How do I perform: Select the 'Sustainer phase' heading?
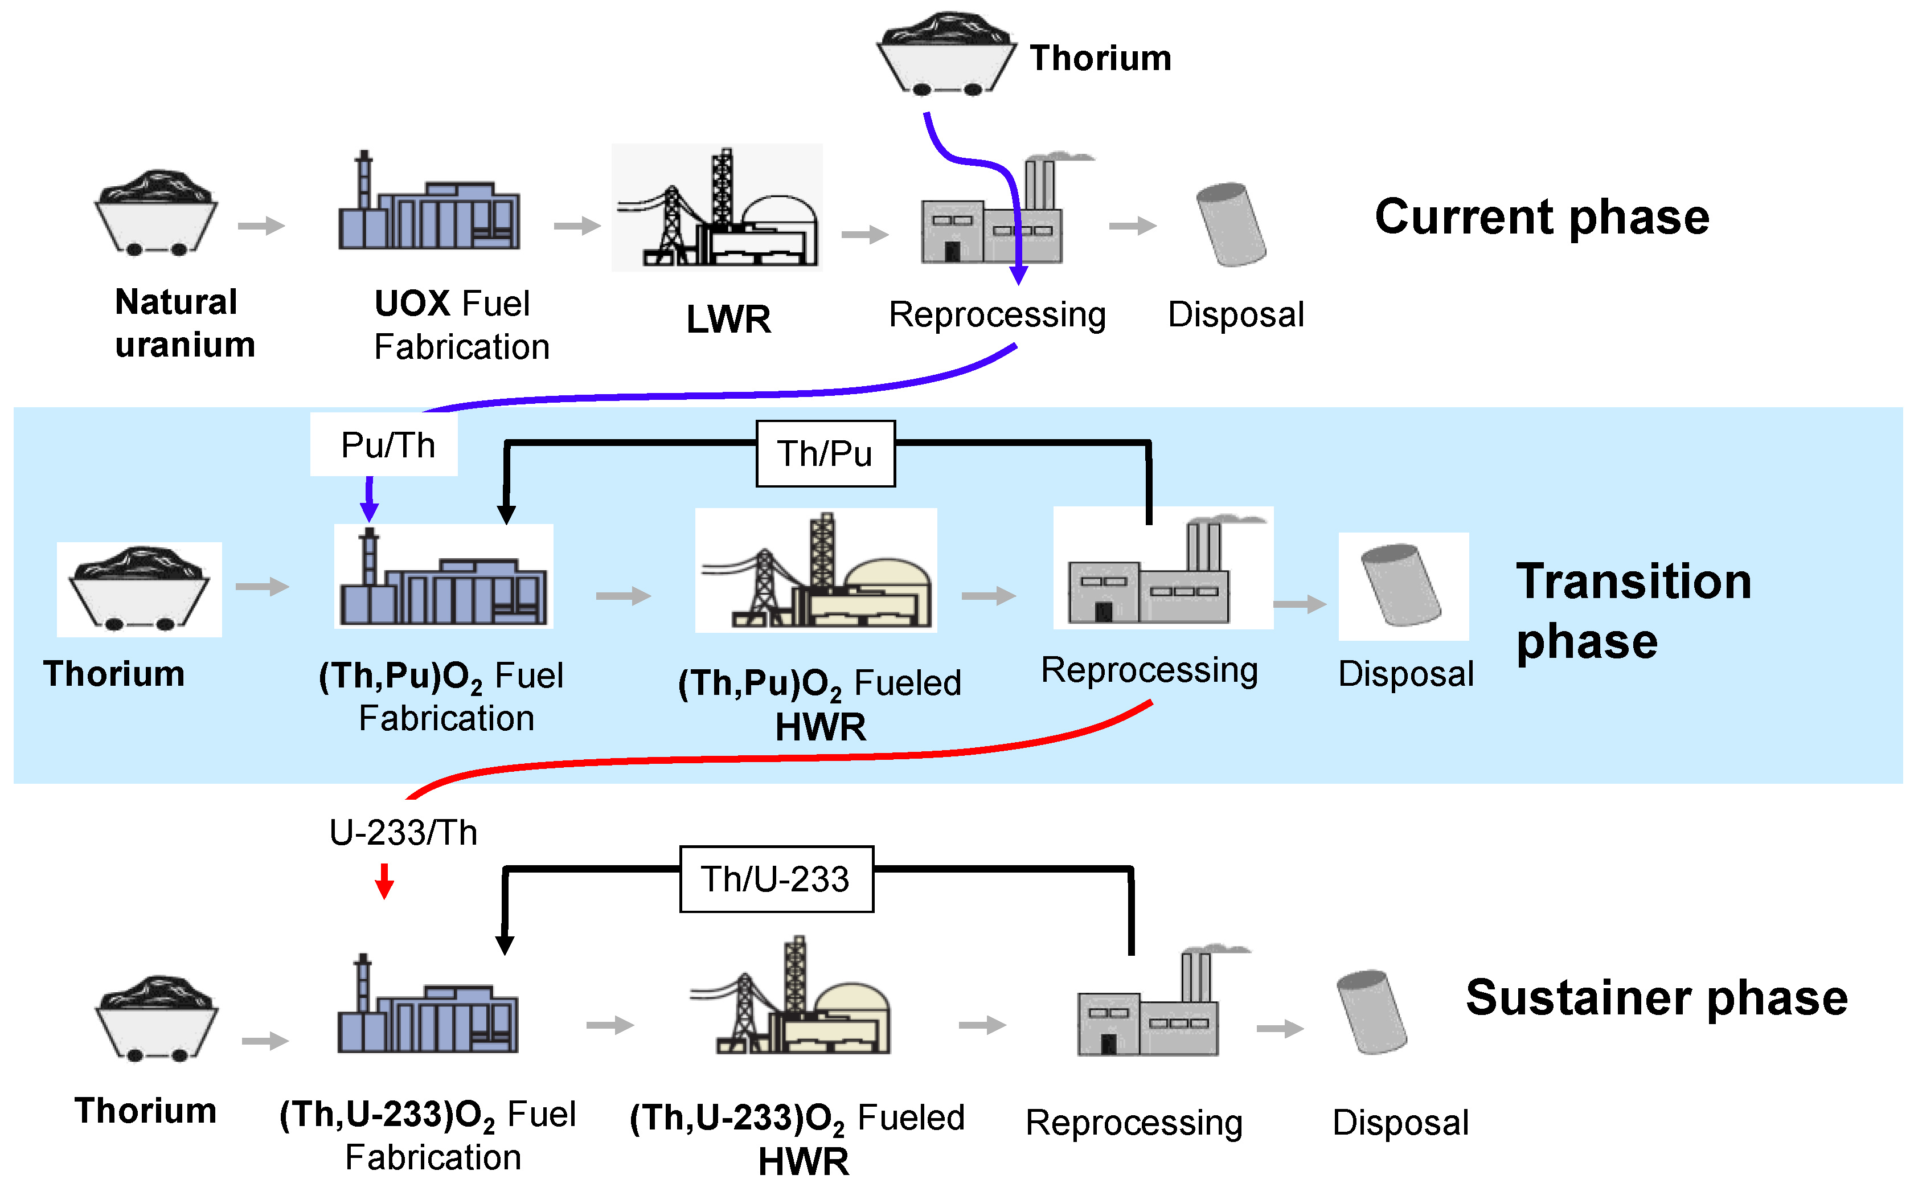click(x=1656, y=998)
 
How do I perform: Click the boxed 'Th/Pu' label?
click(x=825, y=454)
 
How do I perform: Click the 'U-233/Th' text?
click(x=403, y=832)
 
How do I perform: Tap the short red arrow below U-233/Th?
click(x=384, y=881)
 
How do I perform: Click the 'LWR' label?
click(x=728, y=320)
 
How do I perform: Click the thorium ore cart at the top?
click(x=946, y=54)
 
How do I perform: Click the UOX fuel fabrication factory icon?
click(x=428, y=206)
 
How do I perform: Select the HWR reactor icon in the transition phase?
click(x=816, y=571)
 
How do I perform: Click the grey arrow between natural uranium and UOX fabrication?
click(x=261, y=226)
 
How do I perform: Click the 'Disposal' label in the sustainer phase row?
click(x=1399, y=1122)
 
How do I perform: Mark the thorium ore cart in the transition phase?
click(x=139, y=589)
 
